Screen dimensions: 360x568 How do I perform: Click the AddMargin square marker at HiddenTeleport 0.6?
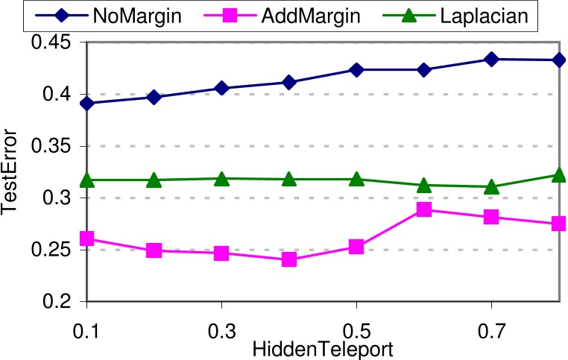point(424,209)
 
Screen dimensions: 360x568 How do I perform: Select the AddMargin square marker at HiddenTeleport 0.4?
point(289,259)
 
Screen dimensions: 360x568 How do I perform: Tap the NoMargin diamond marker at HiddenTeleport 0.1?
point(87,104)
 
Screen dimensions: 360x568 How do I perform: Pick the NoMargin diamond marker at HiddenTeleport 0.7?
point(491,60)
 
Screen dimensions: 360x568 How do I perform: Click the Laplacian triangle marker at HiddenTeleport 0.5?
point(356,179)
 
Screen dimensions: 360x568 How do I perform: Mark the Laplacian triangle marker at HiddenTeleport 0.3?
point(221,179)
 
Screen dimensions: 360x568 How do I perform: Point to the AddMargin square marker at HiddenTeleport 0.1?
point(87,239)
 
